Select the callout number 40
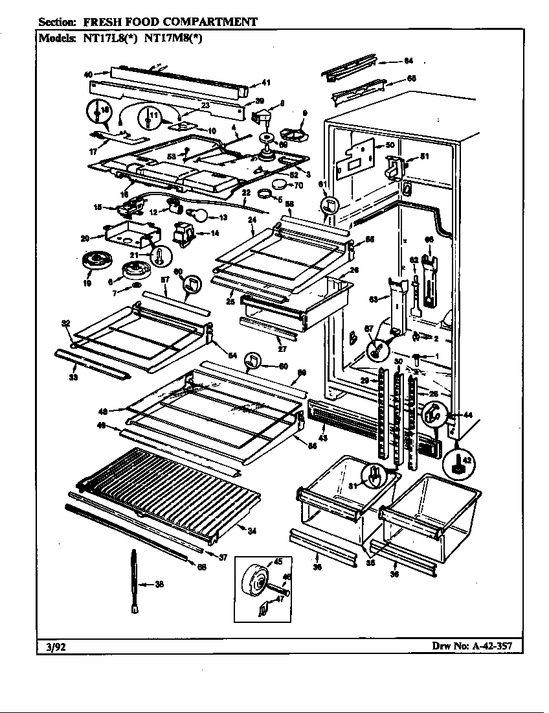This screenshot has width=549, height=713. pos(88,74)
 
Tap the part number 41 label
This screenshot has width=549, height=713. pos(265,82)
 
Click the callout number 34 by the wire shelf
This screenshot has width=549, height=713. pos(252,532)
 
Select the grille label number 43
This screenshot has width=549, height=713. pos(324,438)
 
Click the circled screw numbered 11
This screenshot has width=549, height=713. pos(151,119)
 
